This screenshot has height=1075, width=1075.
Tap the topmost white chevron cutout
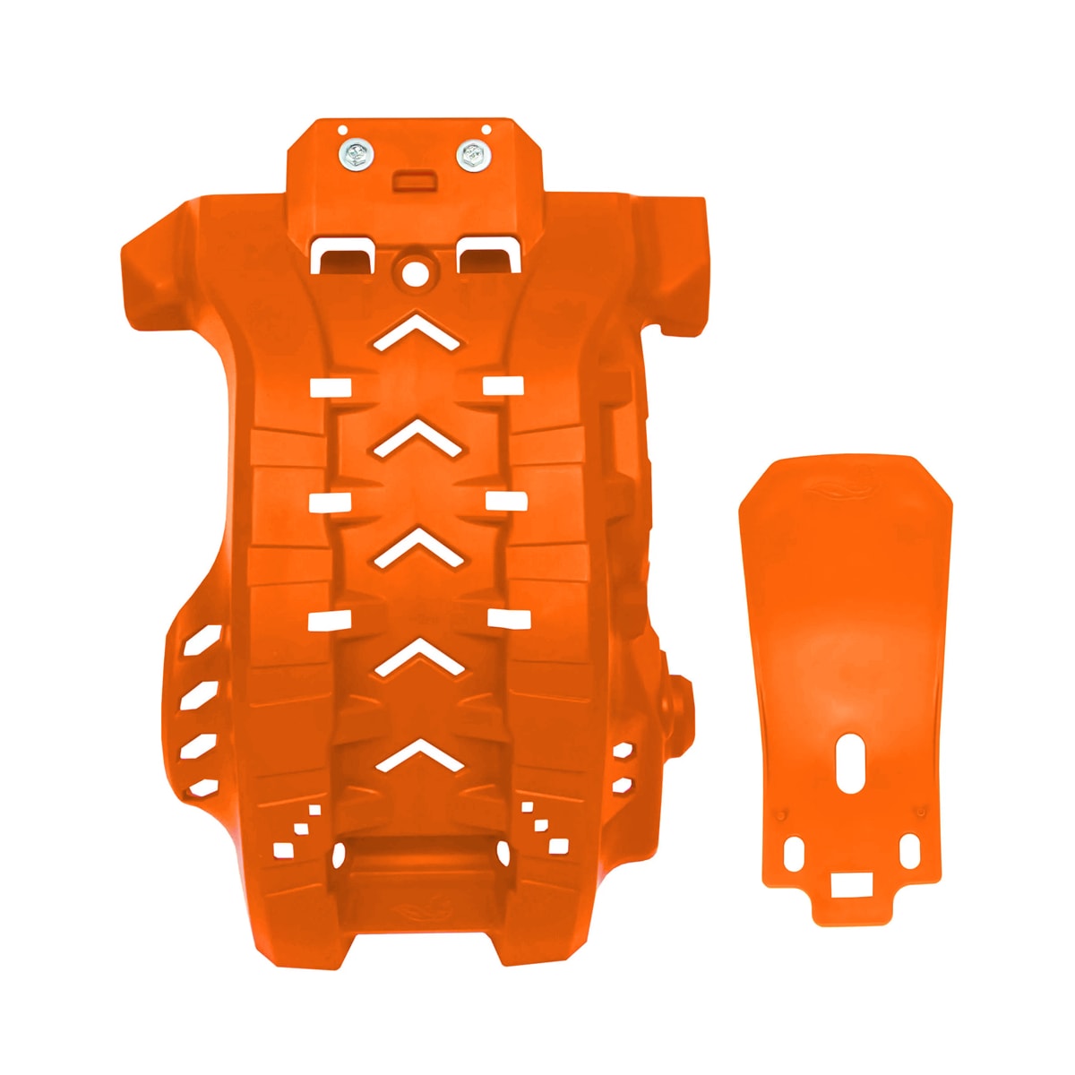[x=418, y=331]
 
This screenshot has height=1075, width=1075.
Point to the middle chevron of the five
[x=418, y=546]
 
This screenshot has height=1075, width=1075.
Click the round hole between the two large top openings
[x=415, y=272]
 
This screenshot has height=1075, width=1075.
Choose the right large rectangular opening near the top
[x=488, y=254]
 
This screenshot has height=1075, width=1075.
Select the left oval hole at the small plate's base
[x=794, y=854]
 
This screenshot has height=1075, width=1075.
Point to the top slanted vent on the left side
[x=201, y=641]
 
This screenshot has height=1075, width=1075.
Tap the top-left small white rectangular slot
[x=329, y=387]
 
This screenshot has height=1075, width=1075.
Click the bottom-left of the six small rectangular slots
[x=329, y=620]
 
